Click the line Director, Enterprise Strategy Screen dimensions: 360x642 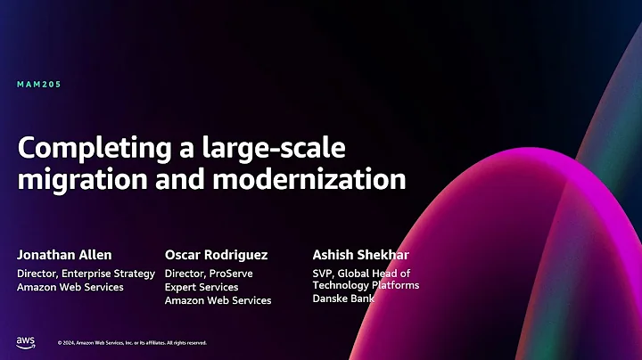point(86,273)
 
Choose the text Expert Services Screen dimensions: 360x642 point(202,287)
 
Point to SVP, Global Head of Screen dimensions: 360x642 point(361,273)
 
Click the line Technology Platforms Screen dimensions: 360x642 point(366,285)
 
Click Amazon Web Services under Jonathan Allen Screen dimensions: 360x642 point(70,287)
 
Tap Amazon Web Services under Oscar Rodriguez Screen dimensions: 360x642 point(218,300)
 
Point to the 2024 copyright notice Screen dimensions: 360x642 point(132,342)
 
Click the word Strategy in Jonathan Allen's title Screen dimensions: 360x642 point(136,273)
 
